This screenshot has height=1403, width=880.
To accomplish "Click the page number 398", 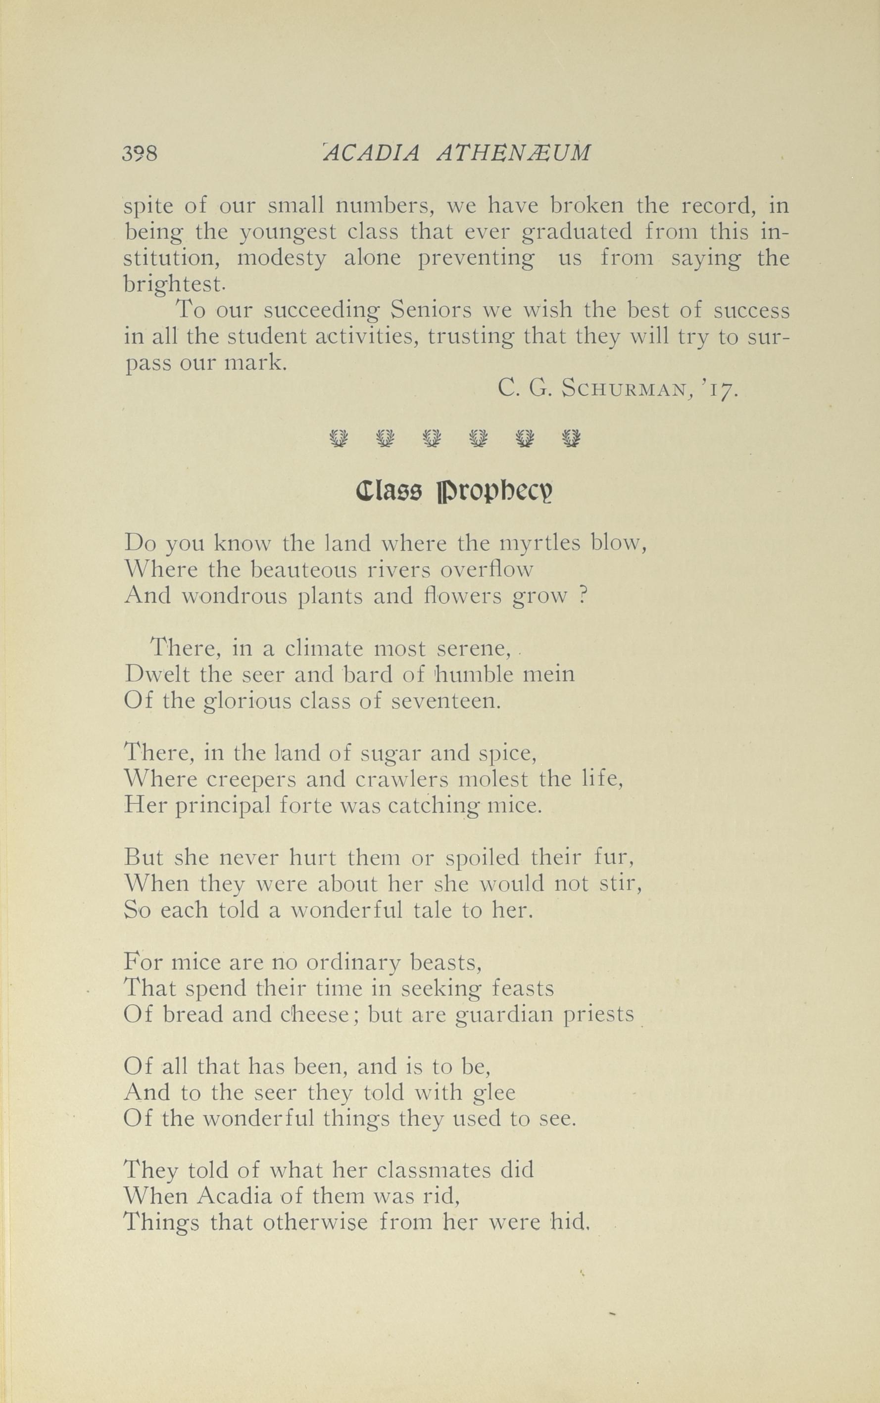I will [x=140, y=153].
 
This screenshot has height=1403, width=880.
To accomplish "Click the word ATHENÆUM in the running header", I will [x=513, y=152].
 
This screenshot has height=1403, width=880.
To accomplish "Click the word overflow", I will [x=486, y=569].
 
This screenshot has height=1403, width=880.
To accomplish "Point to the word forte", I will [x=306, y=805].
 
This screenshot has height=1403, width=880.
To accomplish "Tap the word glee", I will [x=495, y=1093].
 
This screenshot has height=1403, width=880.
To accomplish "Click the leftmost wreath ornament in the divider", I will [x=338, y=437].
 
